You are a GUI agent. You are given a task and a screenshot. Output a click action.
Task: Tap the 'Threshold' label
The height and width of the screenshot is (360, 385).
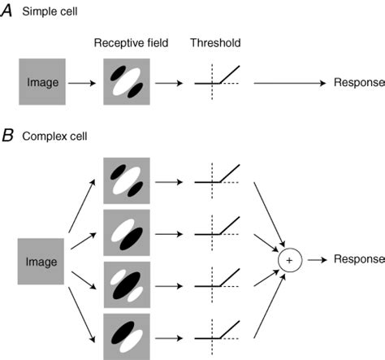(x=216, y=42)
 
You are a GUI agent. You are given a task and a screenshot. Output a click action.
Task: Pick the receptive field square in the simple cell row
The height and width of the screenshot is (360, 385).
(x=126, y=82)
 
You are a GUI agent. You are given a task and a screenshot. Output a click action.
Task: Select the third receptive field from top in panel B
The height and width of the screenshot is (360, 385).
(x=126, y=285)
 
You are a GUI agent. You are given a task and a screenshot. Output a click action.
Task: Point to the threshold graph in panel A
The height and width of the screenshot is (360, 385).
(x=217, y=80)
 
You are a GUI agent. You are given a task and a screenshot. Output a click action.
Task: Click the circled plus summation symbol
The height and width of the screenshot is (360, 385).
(x=288, y=259)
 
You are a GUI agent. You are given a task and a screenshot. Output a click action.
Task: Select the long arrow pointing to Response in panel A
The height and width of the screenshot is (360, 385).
(x=288, y=83)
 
